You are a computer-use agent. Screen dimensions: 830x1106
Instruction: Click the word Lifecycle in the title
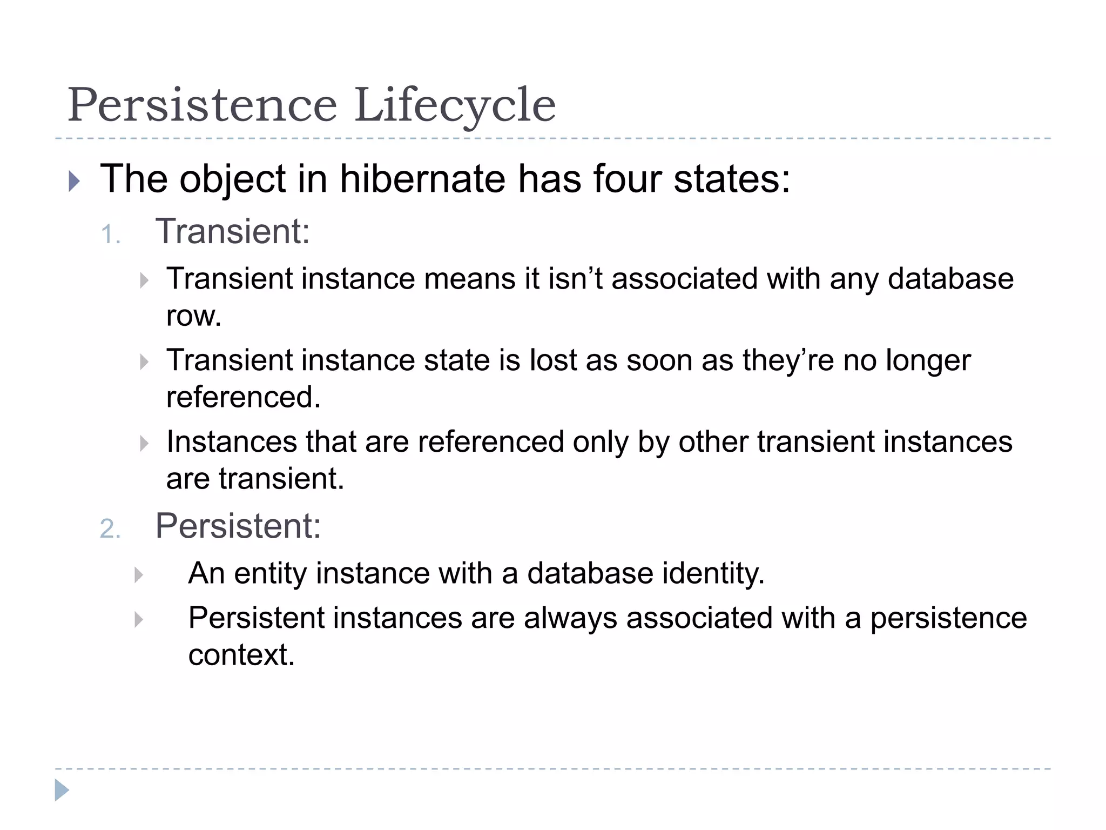click(x=455, y=105)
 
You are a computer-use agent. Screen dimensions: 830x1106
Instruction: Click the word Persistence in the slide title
click(x=202, y=105)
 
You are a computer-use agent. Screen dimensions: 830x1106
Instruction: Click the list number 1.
click(x=110, y=235)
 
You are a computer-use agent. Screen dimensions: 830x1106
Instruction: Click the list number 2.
click(x=110, y=528)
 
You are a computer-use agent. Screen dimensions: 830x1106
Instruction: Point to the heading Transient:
click(x=233, y=231)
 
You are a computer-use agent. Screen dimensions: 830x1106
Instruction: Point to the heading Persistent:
click(x=238, y=526)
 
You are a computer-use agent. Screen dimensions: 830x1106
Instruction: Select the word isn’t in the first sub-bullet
click(x=575, y=279)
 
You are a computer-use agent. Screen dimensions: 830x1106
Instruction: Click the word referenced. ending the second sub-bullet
click(x=244, y=397)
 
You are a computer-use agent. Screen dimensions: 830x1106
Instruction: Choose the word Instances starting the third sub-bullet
click(x=231, y=441)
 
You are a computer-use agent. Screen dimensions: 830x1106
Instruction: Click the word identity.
click(x=713, y=573)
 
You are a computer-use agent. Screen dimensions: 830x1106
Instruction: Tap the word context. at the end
click(x=241, y=655)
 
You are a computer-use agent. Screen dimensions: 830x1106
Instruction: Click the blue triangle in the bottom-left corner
click(x=62, y=790)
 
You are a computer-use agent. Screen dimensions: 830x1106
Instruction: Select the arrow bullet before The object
click(x=75, y=181)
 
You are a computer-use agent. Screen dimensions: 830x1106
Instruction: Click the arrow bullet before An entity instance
click(x=139, y=575)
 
